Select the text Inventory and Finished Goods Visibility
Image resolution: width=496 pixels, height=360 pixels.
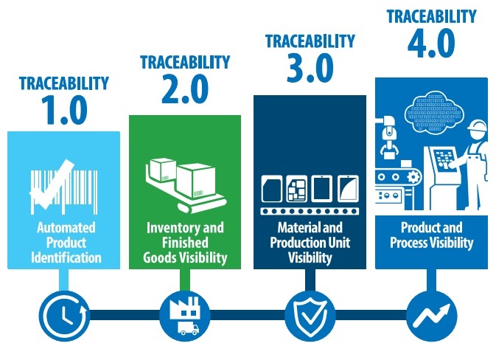click(185, 243)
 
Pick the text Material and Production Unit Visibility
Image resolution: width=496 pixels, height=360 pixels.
click(310, 243)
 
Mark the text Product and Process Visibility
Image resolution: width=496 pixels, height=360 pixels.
click(432, 235)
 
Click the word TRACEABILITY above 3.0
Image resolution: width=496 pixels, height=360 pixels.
click(310, 43)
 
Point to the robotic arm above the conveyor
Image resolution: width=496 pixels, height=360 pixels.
click(391, 140)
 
